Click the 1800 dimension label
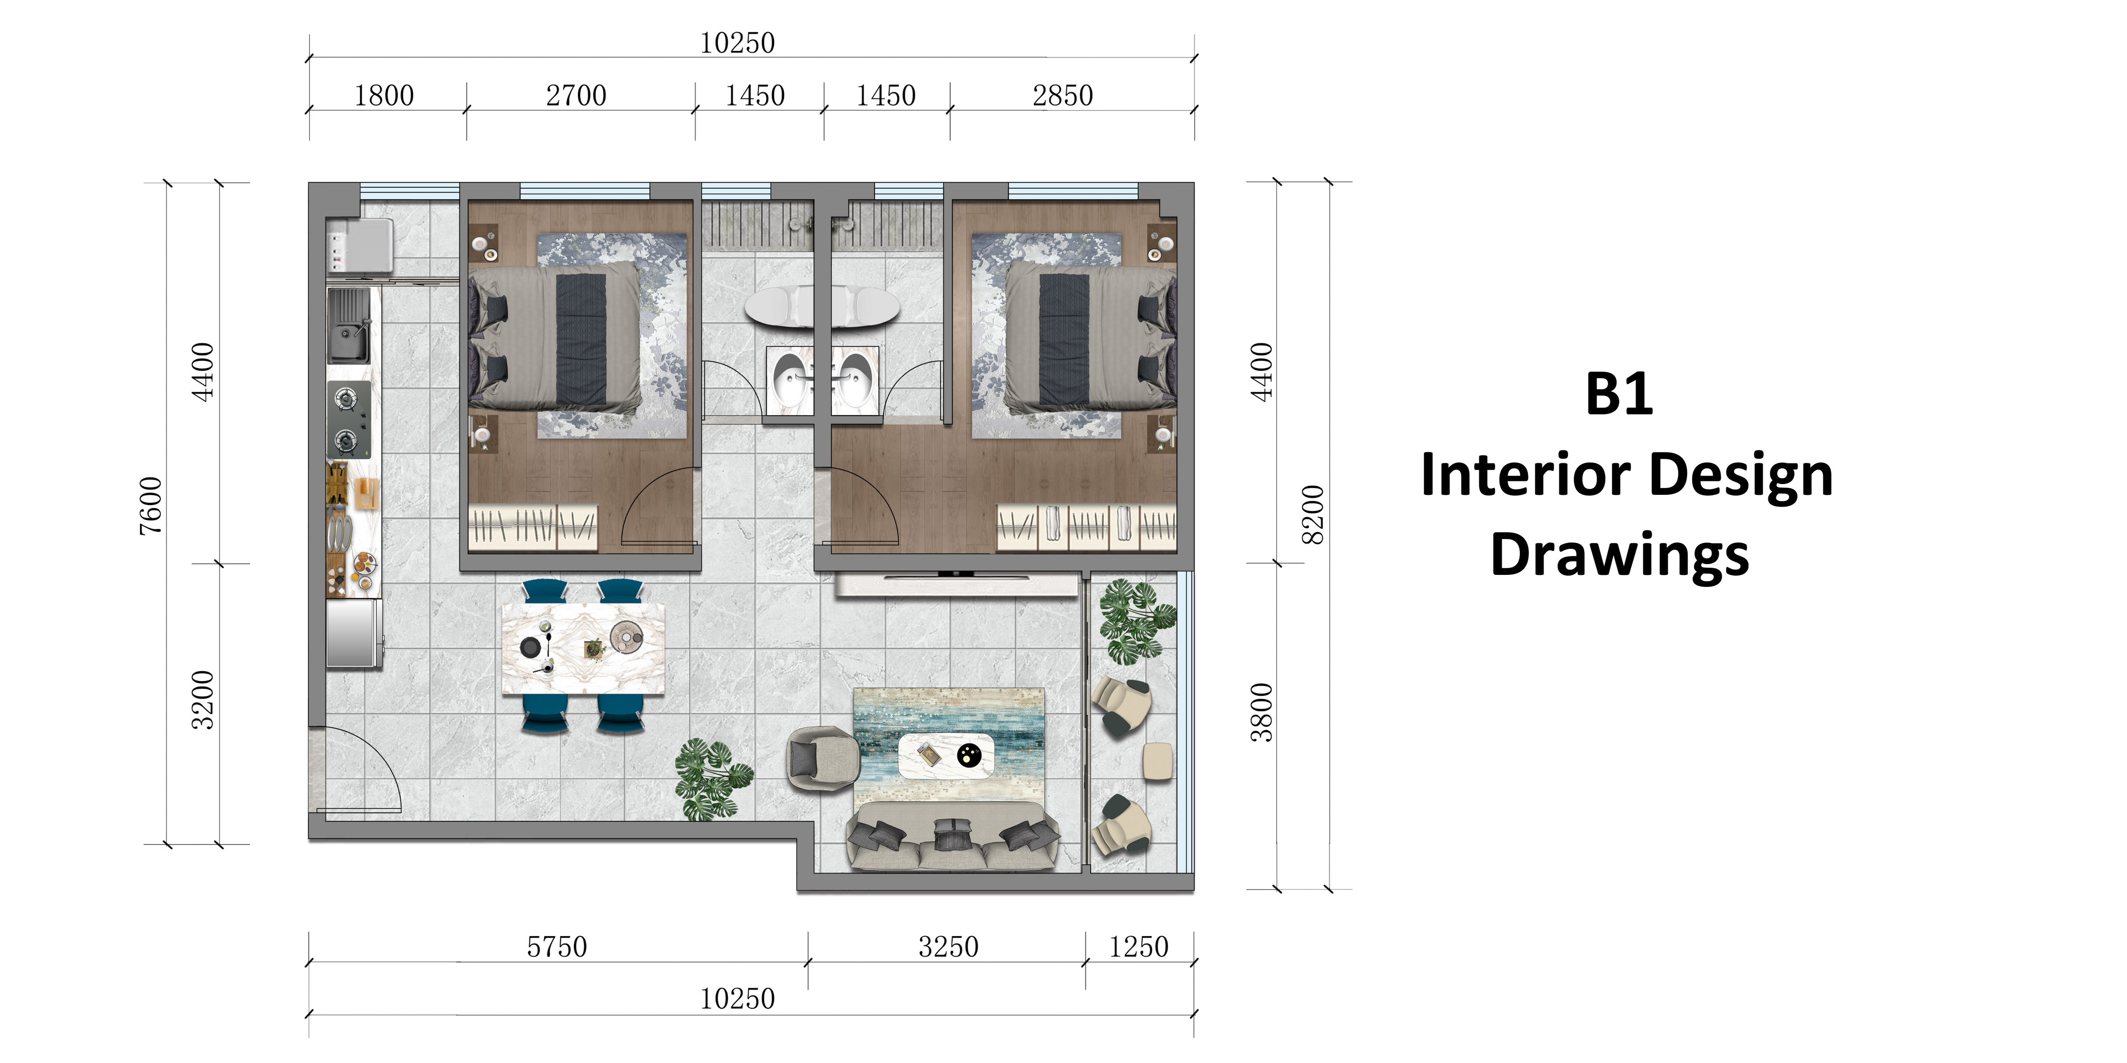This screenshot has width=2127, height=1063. tap(384, 96)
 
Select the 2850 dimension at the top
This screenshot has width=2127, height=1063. tap(1063, 96)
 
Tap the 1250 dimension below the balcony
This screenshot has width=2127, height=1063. tap(1138, 946)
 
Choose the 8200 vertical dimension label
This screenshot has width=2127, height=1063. tap(1312, 515)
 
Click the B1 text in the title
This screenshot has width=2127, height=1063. tap(1618, 395)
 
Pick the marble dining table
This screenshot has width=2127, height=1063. tap(583, 649)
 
